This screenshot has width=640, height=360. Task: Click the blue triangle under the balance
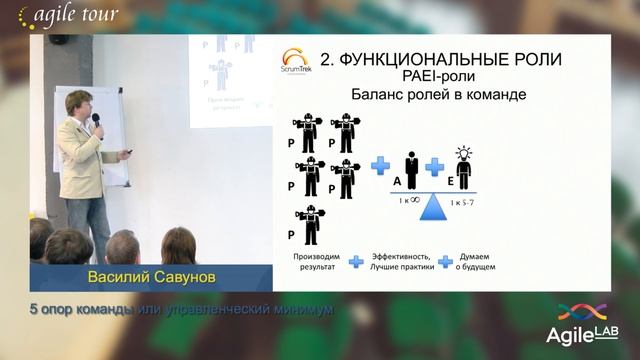432,209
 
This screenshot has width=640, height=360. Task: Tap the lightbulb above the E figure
464,152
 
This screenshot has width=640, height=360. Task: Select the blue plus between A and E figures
434,166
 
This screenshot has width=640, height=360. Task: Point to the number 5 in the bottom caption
34,309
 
